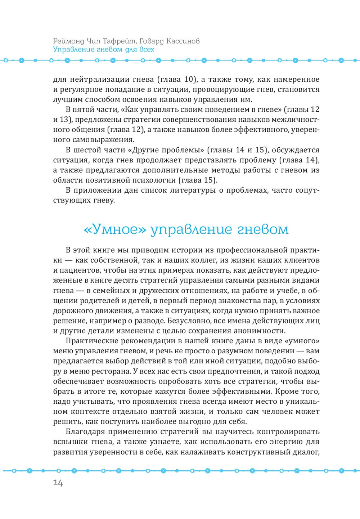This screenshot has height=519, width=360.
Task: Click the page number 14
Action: coord(58,483)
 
